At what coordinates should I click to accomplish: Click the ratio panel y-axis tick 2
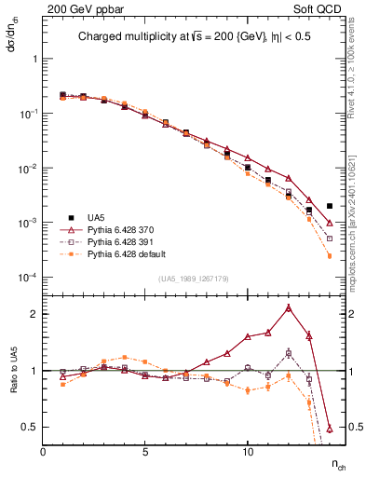[34, 314]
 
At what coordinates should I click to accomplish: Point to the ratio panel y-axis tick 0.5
[29, 427]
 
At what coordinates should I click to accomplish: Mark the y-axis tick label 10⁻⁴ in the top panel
[29, 278]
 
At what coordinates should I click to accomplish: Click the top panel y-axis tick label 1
[34, 58]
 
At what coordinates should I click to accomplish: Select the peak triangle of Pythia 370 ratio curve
[289, 307]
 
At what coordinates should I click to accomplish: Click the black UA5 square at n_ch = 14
[330, 206]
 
